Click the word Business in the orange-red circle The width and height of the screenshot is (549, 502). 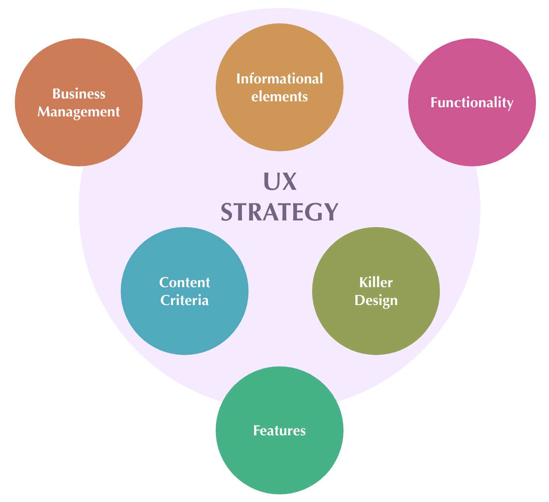pos(79,94)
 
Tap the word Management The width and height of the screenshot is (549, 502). pos(79,112)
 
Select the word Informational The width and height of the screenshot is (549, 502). pos(280,79)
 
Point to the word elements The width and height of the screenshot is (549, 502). pos(280,97)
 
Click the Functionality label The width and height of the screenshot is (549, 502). pos(472,102)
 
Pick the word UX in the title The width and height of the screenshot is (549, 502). pos(280,182)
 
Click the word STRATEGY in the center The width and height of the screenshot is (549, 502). pos(280,212)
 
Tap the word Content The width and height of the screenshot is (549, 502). pos(184,282)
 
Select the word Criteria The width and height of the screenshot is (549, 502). pos(184,300)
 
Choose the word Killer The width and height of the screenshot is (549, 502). pos(376,282)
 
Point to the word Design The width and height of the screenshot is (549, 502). pos(376,300)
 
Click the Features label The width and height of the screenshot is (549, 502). pos(280,431)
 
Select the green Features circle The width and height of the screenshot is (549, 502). pos(280,465)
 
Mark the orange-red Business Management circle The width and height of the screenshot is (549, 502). pos(79,139)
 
